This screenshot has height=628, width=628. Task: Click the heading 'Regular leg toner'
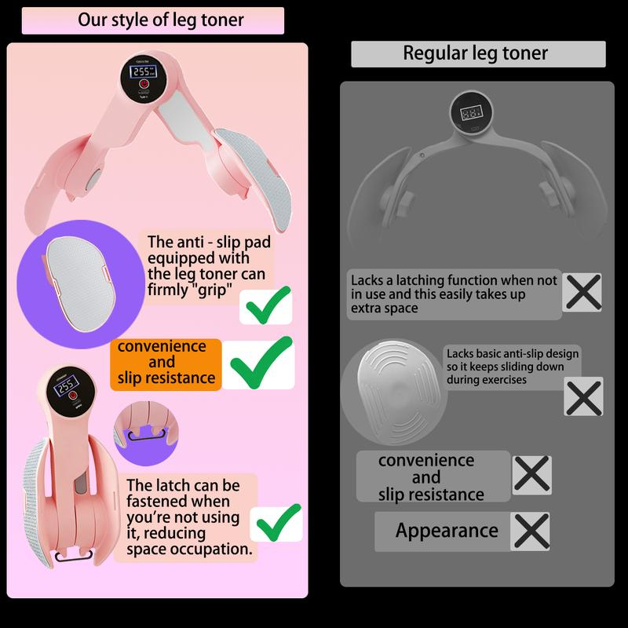point(476,53)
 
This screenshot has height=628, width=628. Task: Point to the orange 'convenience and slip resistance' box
point(166,363)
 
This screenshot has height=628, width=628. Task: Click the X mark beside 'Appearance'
point(531,531)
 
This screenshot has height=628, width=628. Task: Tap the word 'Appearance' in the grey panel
point(447,531)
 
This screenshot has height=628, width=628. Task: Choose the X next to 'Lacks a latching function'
point(583,294)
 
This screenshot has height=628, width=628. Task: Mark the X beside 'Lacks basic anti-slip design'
point(584,396)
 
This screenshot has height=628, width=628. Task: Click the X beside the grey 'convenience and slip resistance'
point(531,475)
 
